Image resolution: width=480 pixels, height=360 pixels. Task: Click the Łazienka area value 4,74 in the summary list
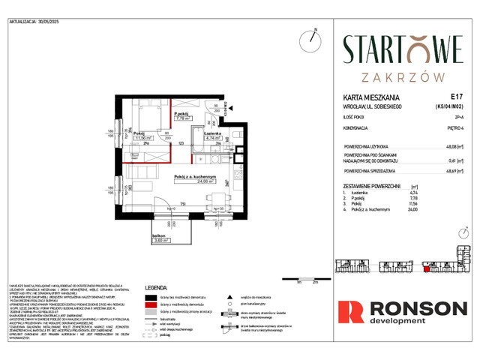point(453,193)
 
